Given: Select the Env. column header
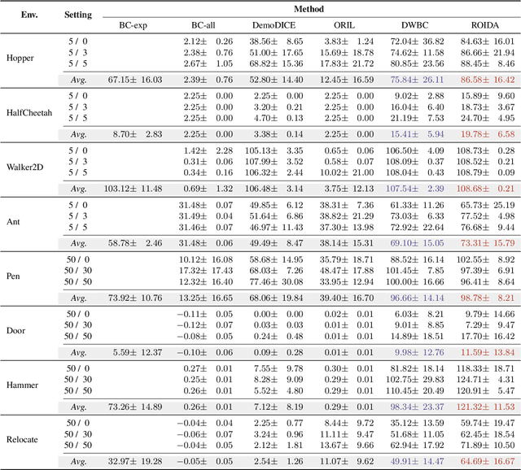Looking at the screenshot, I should (x=25, y=15).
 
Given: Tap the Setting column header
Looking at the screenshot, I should (x=78, y=15).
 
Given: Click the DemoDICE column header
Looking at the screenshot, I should (x=265, y=24).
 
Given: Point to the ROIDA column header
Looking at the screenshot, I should (x=483, y=24).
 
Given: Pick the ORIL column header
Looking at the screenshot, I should (x=338, y=24).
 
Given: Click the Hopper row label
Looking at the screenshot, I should (x=20, y=59).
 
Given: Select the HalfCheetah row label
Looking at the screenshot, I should (x=29, y=113).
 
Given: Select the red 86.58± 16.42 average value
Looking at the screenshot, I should (x=484, y=80).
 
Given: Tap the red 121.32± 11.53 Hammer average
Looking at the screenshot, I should (x=484, y=407).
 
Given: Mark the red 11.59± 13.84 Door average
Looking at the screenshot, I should (x=484, y=352).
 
